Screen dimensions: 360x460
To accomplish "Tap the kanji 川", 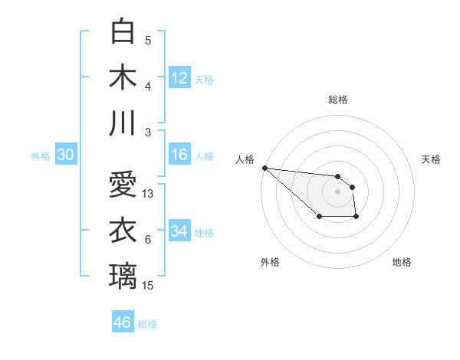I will [x=123, y=123].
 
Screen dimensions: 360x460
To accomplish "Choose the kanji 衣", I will [x=123, y=230].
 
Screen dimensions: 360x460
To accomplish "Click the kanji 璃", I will [x=123, y=276].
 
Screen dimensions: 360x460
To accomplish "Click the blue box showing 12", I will [x=179, y=78].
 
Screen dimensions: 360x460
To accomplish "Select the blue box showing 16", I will [x=179, y=155].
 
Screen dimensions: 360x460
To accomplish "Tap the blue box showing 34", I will [x=179, y=231].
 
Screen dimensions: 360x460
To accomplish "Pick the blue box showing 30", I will [x=66, y=155].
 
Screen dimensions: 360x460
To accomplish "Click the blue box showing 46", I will [x=123, y=322].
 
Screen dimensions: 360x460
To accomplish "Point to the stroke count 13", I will [x=149, y=194].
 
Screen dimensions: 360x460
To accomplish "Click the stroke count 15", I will [x=149, y=286].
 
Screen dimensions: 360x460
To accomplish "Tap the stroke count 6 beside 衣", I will [x=148, y=240].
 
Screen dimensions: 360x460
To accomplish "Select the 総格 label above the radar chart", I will [x=337, y=100].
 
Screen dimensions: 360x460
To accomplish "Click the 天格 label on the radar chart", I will [x=431, y=159].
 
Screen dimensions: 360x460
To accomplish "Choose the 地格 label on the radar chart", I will [x=402, y=262].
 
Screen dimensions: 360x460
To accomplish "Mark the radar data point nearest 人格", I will [x=264, y=168].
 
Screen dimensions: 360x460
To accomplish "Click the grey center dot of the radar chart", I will [x=337, y=191].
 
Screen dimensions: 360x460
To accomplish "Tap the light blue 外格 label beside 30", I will [x=41, y=155].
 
